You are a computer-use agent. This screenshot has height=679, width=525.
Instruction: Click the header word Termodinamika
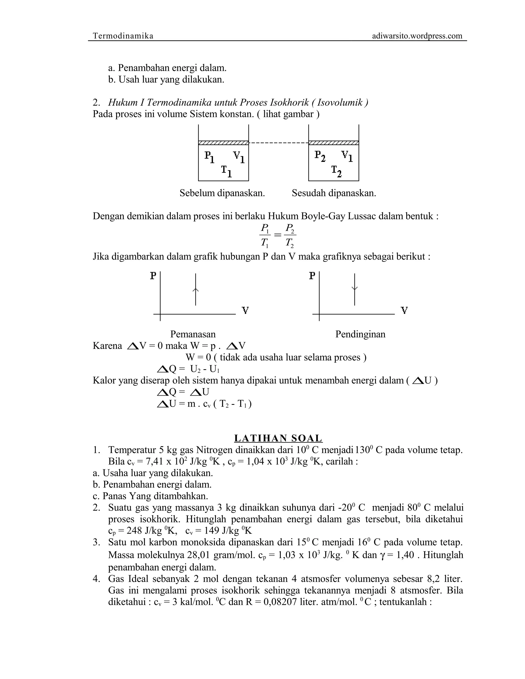pyautogui.click(x=123, y=36)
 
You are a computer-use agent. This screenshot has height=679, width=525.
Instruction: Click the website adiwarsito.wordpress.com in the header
pyautogui.click(x=417, y=36)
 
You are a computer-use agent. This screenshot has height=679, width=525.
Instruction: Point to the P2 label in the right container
pyautogui.click(x=320, y=156)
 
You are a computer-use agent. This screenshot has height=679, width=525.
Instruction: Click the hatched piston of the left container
pyautogui.click(x=223, y=143)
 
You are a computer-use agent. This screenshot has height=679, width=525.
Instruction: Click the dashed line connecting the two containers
pyautogui.click(x=278, y=143)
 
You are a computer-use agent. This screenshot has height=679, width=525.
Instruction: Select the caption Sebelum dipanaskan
pyautogui.click(x=222, y=193)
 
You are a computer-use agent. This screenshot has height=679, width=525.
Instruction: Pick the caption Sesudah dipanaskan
pyautogui.click(x=334, y=193)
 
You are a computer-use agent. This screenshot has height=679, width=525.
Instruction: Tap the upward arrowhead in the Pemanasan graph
pyautogui.click(x=195, y=290)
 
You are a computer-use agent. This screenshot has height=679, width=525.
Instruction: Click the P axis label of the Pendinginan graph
pyautogui.click(x=312, y=275)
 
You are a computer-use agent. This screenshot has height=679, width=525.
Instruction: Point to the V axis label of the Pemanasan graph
pyautogui.click(x=245, y=310)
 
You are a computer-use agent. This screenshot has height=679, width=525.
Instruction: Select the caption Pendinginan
pyautogui.click(x=360, y=334)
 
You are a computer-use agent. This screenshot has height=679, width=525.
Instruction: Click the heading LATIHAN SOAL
pyautogui.click(x=278, y=438)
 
